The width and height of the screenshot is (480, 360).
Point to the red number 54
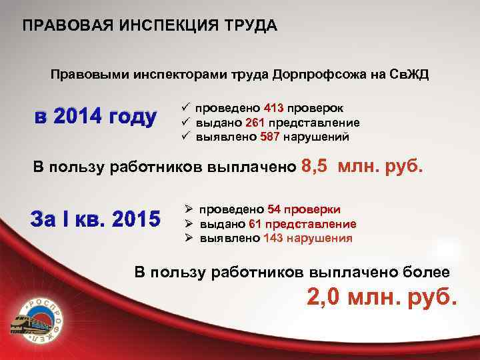(274, 209)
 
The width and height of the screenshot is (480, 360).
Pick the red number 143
(273, 238)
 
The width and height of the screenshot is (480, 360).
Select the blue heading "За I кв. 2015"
(95, 218)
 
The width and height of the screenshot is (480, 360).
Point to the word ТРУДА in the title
(249, 26)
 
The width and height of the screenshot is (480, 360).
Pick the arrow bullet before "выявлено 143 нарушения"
(188, 238)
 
